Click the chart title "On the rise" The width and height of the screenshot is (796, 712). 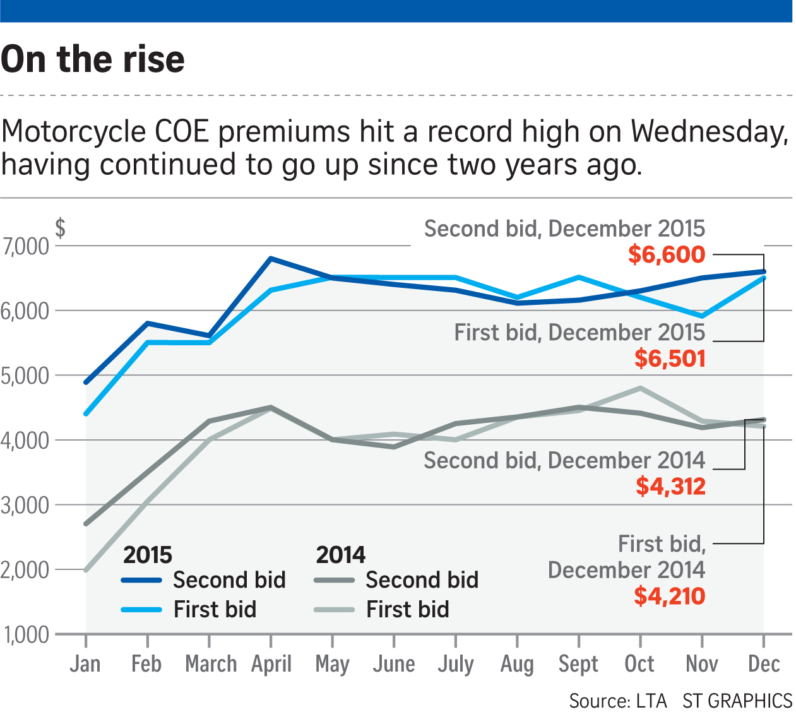coord(93,59)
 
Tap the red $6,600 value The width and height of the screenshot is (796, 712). coord(667,254)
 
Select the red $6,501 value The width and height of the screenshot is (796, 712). coord(670,359)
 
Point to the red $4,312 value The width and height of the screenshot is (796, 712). coord(670,486)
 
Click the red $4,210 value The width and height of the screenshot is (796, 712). coord(670,596)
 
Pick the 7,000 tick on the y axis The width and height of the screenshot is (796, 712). coord(25,247)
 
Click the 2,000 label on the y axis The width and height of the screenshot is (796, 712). coord(25,570)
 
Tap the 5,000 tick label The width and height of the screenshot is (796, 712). coord(25,376)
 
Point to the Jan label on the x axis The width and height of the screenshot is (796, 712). coord(85,664)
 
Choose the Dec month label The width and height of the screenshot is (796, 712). coord(764,664)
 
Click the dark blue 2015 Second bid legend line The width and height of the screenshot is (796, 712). coord(141,580)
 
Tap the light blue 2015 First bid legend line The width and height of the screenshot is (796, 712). coord(141,610)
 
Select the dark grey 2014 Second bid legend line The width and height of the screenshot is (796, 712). coord(335,580)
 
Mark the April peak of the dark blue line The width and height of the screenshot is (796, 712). coord(270,259)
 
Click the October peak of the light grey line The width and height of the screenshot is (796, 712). coord(641,388)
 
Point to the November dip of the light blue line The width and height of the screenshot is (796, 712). coord(702,316)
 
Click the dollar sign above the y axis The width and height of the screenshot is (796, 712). coord(60,228)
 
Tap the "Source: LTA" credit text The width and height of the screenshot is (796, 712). coord(618,701)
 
